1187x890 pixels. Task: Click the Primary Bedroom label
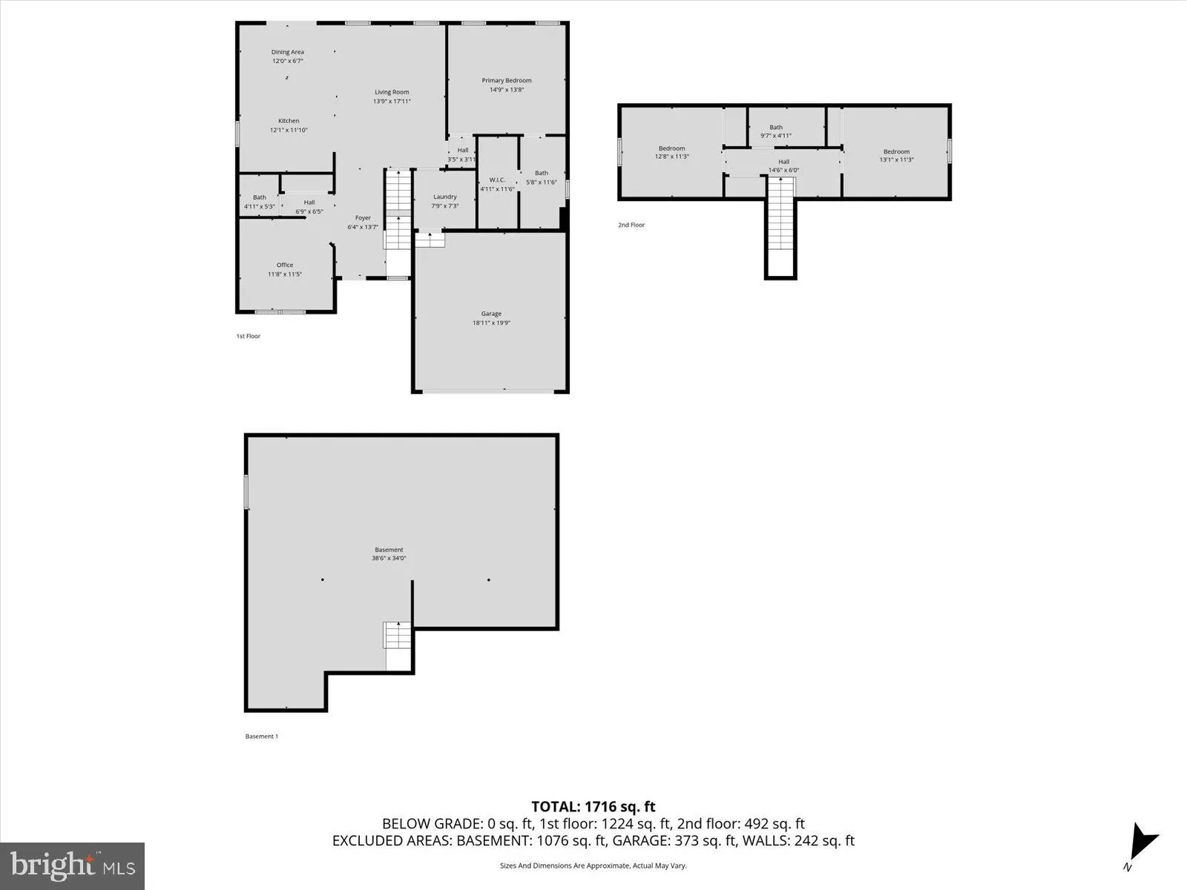pos(507,81)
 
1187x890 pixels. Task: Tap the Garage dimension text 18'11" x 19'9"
pos(491,323)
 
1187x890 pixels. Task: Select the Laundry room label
pos(445,197)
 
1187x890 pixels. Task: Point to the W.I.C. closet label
pos(497,179)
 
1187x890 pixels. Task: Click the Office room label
pos(285,265)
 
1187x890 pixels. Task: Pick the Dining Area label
pos(288,52)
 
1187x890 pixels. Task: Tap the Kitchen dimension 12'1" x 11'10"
pos(289,130)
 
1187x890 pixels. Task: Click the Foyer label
pos(363,218)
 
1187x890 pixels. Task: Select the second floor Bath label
pos(776,127)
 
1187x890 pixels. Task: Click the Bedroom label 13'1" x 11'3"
pos(896,151)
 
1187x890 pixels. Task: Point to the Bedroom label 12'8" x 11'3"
pos(672,148)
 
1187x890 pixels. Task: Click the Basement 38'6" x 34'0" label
pos(389,550)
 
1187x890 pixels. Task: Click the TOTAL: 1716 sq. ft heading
pos(593,806)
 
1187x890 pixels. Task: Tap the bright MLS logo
pos(73,865)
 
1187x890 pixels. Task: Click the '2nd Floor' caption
pos(631,225)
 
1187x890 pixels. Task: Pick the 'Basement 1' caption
pos(262,736)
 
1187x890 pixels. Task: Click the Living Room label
pos(392,92)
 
